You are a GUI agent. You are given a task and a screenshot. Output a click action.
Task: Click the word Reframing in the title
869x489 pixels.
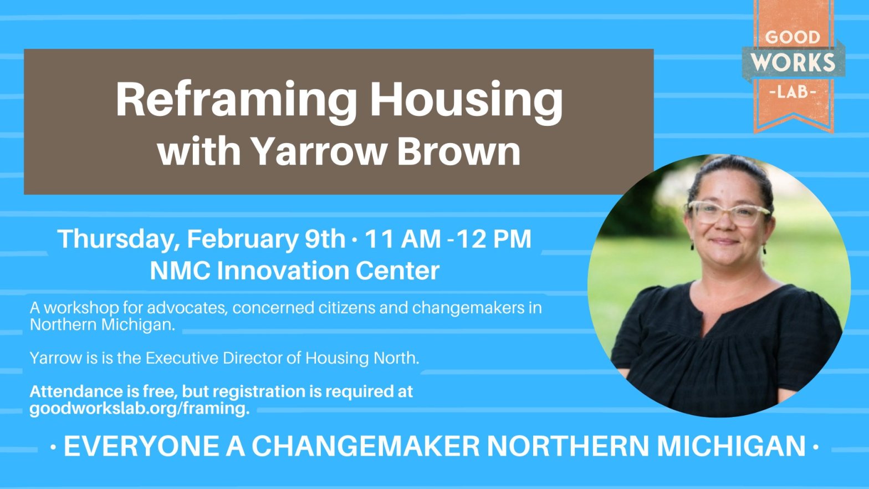tap(236, 101)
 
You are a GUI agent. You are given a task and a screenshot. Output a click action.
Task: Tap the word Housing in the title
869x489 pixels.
tap(466, 101)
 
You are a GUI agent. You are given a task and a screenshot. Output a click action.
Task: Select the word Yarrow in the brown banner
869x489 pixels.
tap(319, 151)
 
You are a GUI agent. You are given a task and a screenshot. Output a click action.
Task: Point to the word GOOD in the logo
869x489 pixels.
tap(793, 37)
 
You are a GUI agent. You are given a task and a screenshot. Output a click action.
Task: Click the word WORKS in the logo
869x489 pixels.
tap(793, 62)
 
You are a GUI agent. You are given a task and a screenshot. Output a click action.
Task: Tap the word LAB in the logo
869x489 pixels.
tap(793, 92)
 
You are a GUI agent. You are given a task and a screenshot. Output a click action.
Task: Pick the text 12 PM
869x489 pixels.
tap(494, 238)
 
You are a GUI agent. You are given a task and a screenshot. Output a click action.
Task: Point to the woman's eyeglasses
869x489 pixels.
tap(729, 213)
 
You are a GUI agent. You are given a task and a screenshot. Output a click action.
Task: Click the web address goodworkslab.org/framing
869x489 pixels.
tap(140, 409)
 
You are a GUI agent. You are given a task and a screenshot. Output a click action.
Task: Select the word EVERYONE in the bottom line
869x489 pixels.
tap(142, 446)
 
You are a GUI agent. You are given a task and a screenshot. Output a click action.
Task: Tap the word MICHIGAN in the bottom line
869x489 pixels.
tap(732, 446)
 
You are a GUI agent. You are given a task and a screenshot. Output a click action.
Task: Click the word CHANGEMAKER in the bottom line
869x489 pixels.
tap(365, 446)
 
